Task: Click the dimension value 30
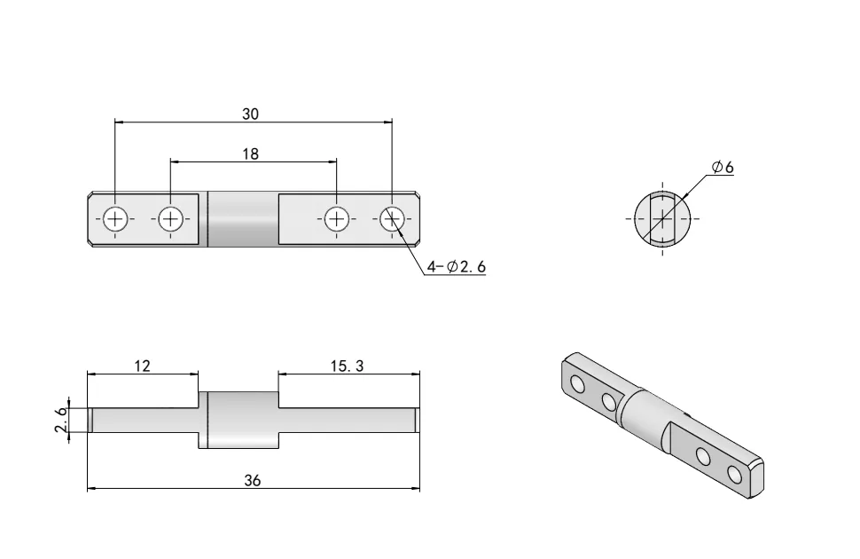click(251, 114)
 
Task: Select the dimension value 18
click(251, 154)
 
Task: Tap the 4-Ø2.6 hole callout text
click(455, 267)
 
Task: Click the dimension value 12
click(143, 366)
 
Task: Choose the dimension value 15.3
click(348, 366)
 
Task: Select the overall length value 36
click(253, 480)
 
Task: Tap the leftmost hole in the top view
click(115, 218)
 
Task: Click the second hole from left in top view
click(170, 218)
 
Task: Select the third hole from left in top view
click(336, 218)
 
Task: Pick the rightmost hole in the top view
click(391, 218)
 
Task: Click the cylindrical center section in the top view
click(243, 218)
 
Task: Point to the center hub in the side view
click(238, 420)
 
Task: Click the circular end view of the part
click(662, 218)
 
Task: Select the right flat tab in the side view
click(346, 420)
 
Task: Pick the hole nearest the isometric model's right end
click(734, 474)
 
